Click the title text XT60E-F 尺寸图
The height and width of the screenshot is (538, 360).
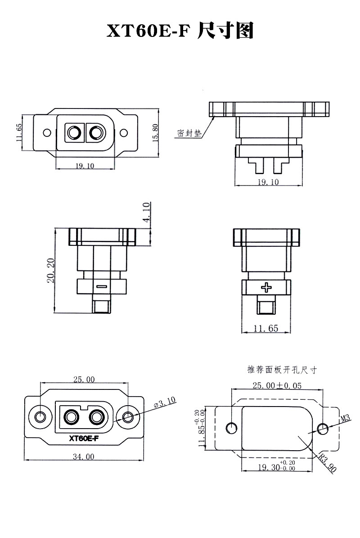(x=180, y=31)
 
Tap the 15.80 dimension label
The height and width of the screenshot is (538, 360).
(x=155, y=133)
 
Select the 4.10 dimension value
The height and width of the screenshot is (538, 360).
(x=146, y=212)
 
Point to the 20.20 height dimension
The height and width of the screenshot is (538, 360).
(x=51, y=271)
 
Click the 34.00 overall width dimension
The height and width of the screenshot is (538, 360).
(x=83, y=457)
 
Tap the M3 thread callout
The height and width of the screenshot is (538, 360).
(x=345, y=418)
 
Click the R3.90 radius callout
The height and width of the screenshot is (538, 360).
(x=327, y=463)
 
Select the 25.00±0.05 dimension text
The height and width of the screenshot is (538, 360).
(x=277, y=385)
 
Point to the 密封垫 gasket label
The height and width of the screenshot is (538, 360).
(x=189, y=133)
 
